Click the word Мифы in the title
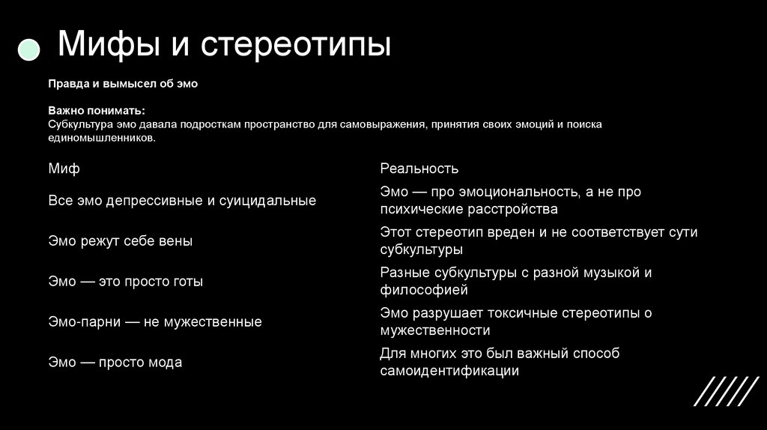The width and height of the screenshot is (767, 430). tap(106, 45)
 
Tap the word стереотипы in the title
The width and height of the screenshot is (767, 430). tap(295, 45)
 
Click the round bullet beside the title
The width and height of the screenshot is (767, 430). tap(28, 49)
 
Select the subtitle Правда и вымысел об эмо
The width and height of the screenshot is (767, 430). tap(123, 84)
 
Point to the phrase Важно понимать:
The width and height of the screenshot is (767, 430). tap(97, 109)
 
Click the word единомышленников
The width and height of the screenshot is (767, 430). tap(102, 139)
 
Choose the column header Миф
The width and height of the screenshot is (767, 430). tap(64, 169)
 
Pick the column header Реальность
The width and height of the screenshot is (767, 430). tap(419, 169)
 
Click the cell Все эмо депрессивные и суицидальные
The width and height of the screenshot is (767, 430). tap(182, 201)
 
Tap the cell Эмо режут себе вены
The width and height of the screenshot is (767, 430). tap(120, 241)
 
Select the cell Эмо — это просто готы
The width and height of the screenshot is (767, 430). tap(125, 282)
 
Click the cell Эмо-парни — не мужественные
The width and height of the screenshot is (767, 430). tap(155, 322)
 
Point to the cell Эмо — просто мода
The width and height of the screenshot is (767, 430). tap(115, 363)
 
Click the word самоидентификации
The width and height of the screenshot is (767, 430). tap(449, 371)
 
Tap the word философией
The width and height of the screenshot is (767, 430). tap(423, 290)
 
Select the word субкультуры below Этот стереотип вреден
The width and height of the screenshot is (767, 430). tap(421, 249)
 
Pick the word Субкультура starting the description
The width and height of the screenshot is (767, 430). tap(79, 124)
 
